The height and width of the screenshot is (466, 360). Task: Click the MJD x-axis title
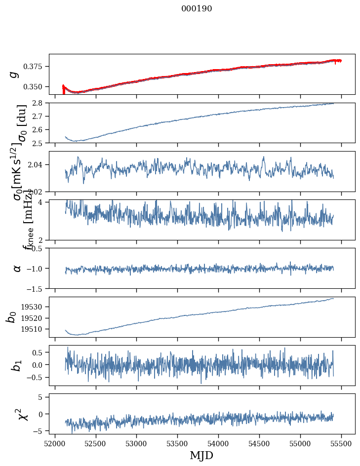201,455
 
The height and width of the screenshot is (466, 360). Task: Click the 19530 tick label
36,307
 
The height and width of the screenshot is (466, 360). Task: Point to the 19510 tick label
36,329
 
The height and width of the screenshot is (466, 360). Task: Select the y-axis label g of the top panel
15,74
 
